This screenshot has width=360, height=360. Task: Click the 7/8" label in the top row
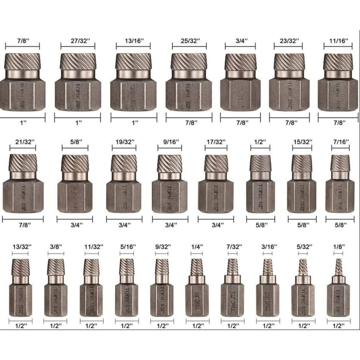coord(22,41)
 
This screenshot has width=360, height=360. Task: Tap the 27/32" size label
coord(78,41)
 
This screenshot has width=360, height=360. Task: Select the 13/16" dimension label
coord(133,41)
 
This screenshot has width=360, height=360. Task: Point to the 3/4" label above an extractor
coord(240,41)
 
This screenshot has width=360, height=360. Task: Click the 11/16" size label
coord(338,41)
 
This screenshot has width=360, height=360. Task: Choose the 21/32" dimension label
coord(22,142)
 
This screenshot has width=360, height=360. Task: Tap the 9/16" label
coord(170,142)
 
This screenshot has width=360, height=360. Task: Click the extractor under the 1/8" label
coord(338,288)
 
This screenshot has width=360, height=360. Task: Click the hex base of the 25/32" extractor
coord(189,94)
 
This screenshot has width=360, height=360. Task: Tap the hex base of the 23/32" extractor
coord(289,94)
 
